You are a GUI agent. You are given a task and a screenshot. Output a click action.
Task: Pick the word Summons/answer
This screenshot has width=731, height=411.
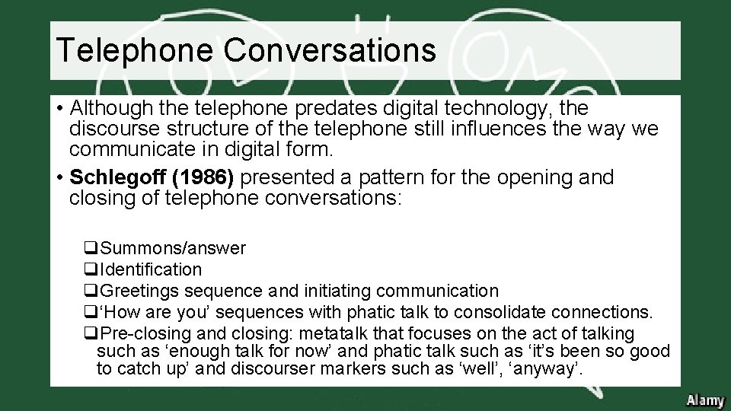click(173, 248)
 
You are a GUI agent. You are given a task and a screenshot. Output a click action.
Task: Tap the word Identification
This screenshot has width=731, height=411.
click(151, 269)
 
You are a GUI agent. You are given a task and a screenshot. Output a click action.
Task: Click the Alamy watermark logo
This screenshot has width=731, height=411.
click(704, 400)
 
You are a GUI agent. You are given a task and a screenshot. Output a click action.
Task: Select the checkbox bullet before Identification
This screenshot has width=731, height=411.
click(91, 270)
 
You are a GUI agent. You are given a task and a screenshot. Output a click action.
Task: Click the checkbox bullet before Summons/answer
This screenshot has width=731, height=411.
click(91, 249)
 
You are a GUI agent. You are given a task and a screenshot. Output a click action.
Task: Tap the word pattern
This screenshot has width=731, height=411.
click(387, 178)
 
